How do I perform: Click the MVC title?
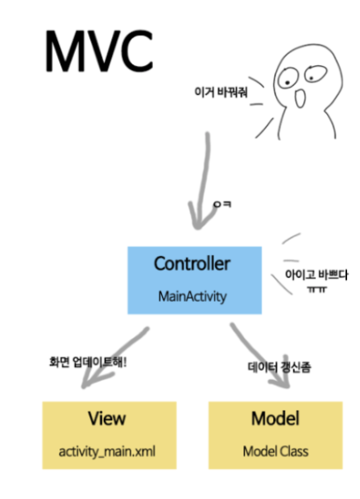click(x=98, y=52)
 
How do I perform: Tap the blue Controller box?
click(x=194, y=279)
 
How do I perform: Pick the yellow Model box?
click(x=275, y=435)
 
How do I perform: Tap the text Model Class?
click(x=275, y=452)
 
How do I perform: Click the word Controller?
click(x=192, y=264)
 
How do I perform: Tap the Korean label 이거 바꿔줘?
click(x=218, y=91)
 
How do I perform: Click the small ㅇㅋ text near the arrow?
click(x=221, y=206)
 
